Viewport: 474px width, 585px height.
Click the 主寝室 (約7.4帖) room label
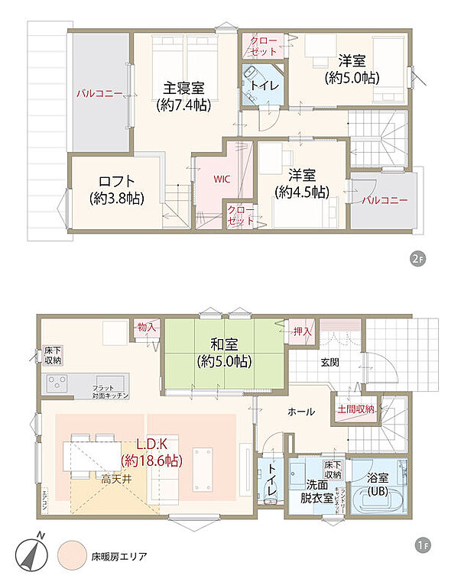tap(182, 96)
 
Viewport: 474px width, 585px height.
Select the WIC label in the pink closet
tap(221, 179)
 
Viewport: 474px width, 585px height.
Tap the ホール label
tap(300, 412)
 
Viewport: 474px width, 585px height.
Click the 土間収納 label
tap(355, 409)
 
